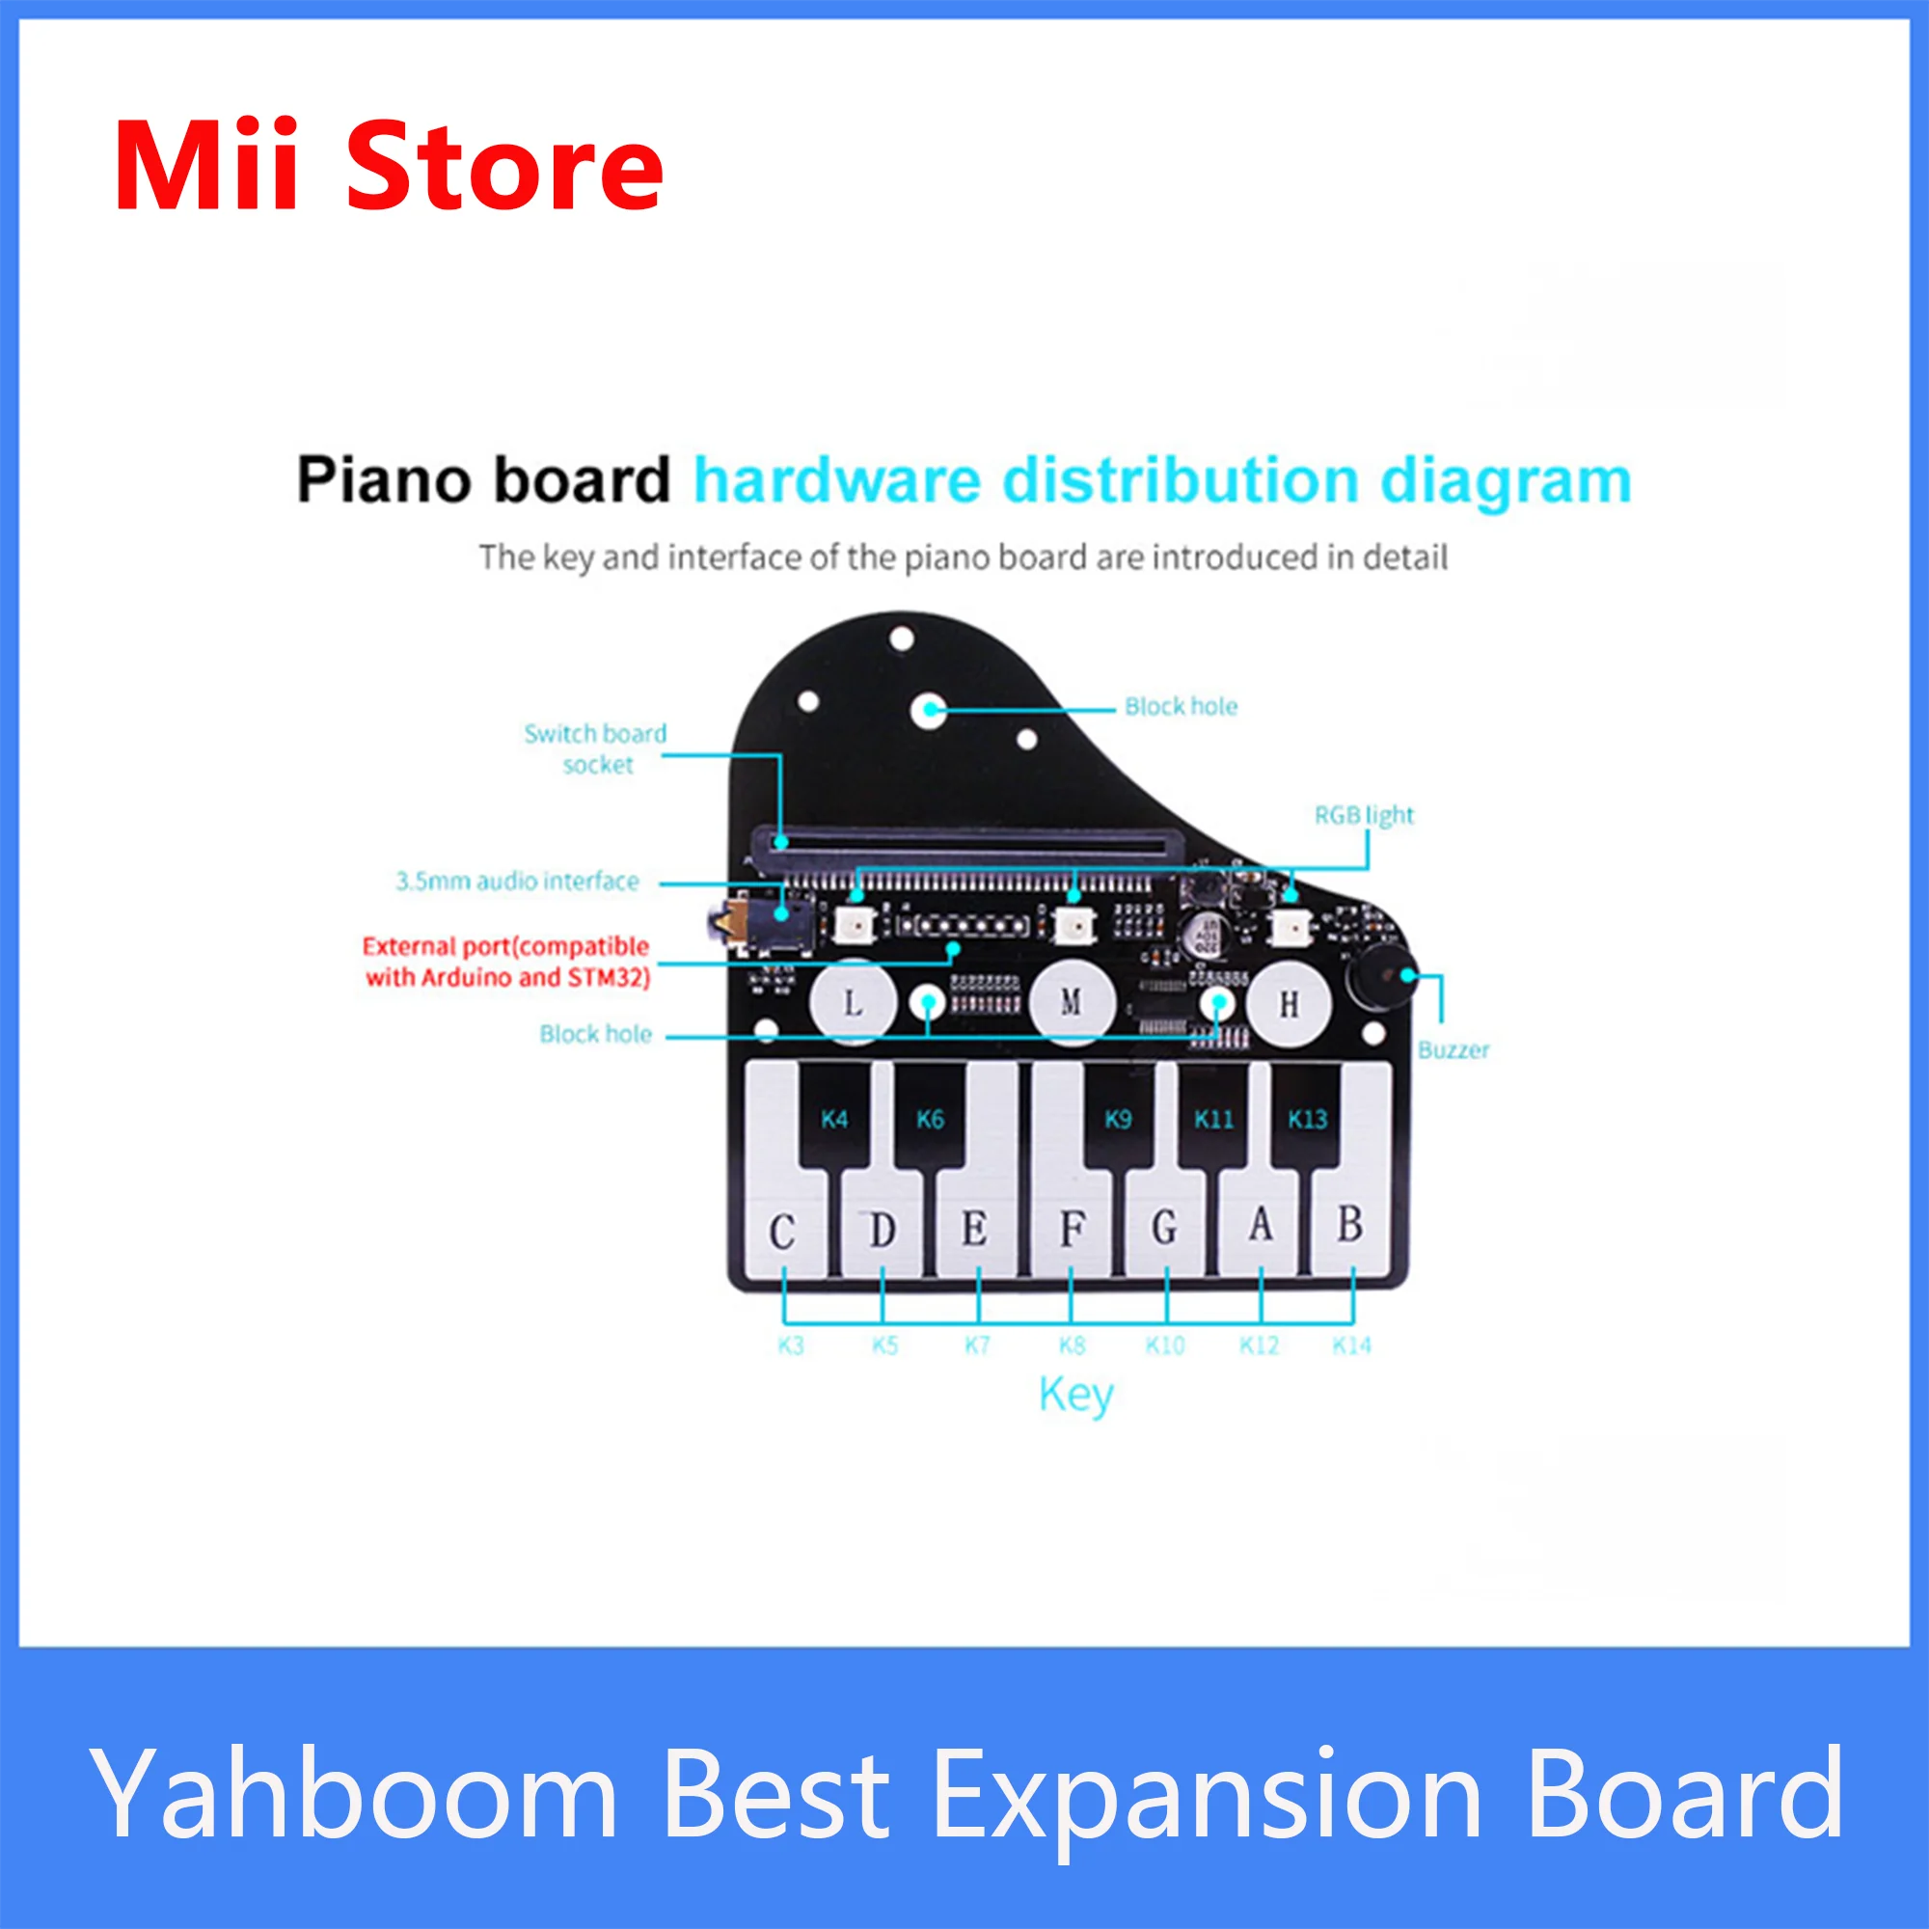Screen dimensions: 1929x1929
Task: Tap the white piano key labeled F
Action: [1072, 1223]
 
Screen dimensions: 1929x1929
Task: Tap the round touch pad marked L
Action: [853, 1001]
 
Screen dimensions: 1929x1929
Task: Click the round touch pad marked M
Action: [1072, 1001]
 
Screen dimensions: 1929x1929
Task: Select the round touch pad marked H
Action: [1289, 1001]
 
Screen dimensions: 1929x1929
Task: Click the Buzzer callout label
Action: [1453, 1050]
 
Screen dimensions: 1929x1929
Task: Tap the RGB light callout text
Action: [1364, 816]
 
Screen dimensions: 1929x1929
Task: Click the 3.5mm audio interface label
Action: [517, 882]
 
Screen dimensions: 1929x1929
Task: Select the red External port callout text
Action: [507, 962]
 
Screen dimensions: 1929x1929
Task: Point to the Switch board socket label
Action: [596, 748]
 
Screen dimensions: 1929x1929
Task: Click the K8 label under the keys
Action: [1073, 1345]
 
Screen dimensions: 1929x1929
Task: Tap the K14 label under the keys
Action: [1352, 1345]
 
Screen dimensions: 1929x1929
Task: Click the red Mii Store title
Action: [389, 166]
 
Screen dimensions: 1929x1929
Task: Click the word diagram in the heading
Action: [1506, 482]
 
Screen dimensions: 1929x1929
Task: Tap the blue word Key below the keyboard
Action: [1075, 1395]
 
